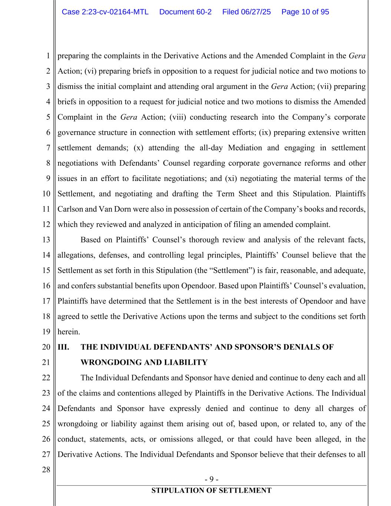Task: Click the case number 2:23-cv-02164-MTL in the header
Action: pyautogui.click(x=105, y=12)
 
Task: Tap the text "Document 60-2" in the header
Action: pyautogui.click(x=185, y=12)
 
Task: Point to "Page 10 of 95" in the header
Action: pyautogui.click(x=305, y=12)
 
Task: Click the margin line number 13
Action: pyautogui.click(x=46, y=240)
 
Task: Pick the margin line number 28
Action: pyautogui.click(x=46, y=470)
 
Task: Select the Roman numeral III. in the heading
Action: pyautogui.click(x=63, y=347)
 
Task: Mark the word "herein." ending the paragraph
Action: pyautogui.click(x=69, y=332)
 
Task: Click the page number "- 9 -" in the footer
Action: pyautogui.click(x=212, y=479)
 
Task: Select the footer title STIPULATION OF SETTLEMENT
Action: pyautogui.click(x=211, y=490)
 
